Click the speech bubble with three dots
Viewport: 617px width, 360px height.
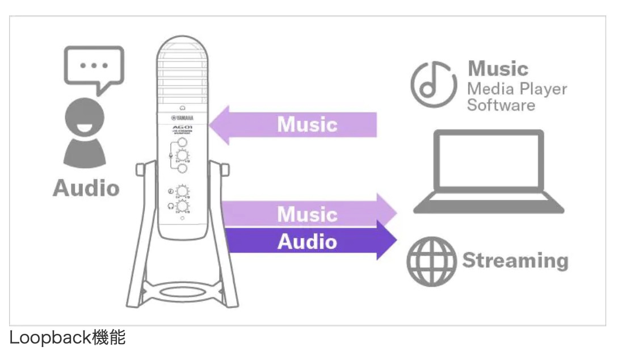point(94,67)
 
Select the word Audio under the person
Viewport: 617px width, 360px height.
point(86,189)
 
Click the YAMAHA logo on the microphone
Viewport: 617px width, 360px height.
point(183,118)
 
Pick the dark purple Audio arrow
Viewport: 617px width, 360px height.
point(309,241)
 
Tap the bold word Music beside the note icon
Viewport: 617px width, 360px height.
point(498,69)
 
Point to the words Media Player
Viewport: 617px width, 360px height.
point(517,89)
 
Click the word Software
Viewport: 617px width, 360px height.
point(501,106)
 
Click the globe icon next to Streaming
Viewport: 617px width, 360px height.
point(431,261)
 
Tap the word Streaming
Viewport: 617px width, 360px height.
point(515,261)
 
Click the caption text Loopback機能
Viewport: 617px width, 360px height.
point(67,339)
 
